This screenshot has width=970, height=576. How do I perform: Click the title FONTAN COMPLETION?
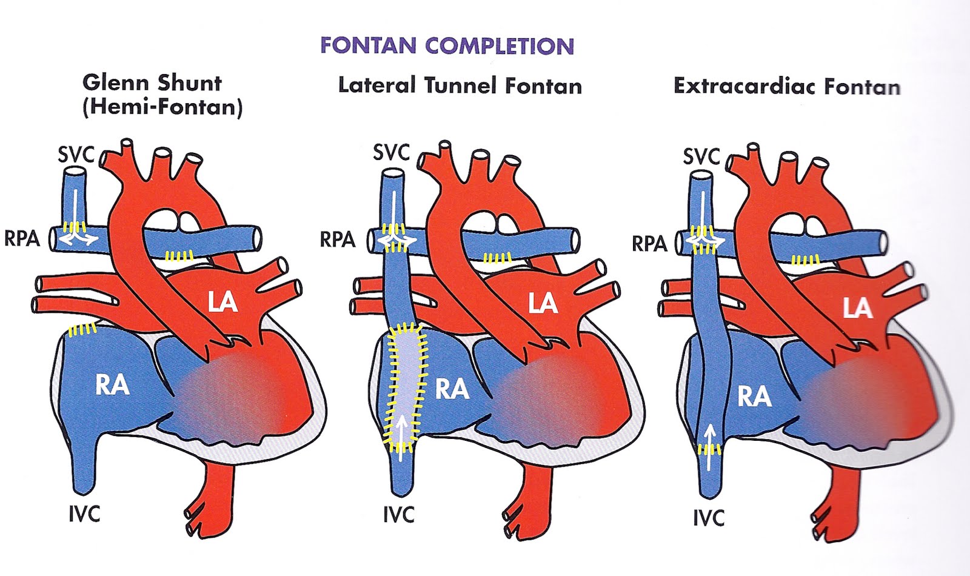click(x=447, y=46)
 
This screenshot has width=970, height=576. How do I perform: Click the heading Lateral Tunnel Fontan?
click(x=460, y=85)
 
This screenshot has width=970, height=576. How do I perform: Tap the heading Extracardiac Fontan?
click(x=786, y=86)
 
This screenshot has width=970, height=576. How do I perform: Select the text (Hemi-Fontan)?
click(x=162, y=108)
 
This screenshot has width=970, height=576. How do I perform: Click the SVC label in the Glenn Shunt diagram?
click(x=76, y=155)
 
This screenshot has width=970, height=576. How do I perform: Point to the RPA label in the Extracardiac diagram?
click(x=649, y=244)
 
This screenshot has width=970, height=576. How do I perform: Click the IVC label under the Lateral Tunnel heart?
click(x=398, y=515)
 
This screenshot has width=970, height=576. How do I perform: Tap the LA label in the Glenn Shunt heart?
click(x=222, y=301)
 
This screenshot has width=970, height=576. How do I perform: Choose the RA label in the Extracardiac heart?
click(x=754, y=397)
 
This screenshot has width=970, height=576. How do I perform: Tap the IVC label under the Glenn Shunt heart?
click(x=84, y=514)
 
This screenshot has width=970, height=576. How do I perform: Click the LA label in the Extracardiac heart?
click(x=857, y=309)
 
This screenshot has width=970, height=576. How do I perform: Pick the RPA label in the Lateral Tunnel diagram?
click(x=337, y=240)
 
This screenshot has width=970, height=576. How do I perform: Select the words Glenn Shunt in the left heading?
click(x=152, y=83)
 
